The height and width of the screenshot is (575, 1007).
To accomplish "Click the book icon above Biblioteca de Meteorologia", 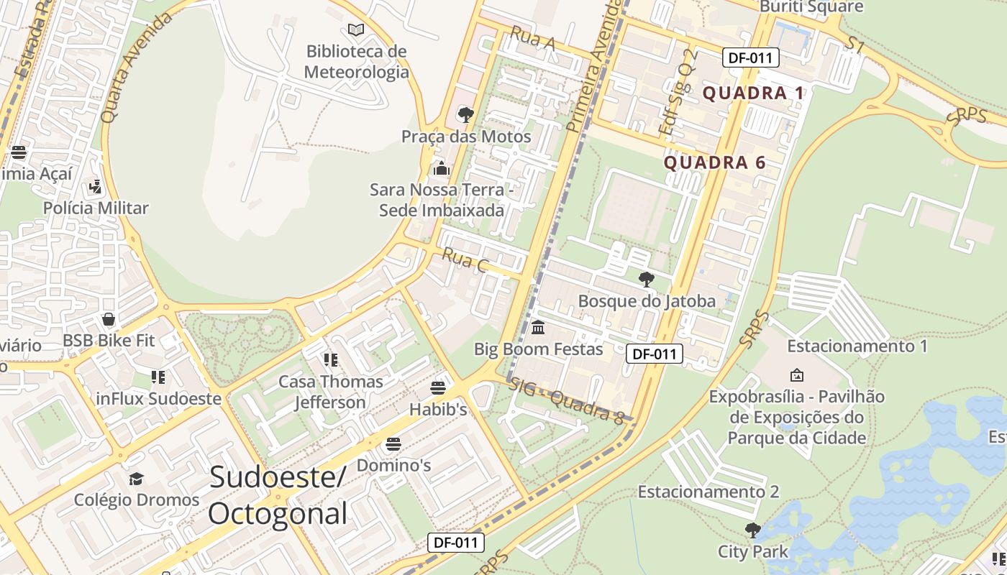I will click(x=356, y=29).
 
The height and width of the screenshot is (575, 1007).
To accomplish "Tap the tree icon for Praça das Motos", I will click(x=465, y=114).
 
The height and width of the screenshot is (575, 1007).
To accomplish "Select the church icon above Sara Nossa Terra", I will click(x=441, y=168).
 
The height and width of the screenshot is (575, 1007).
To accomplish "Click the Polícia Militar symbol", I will click(x=95, y=187).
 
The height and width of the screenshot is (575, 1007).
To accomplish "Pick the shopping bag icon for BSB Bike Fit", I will click(x=109, y=319).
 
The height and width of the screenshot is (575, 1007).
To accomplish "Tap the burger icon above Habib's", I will click(x=438, y=388).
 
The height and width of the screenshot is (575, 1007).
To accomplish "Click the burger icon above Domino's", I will click(x=393, y=444).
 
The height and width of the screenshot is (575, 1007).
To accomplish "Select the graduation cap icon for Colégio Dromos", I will click(x=136, y=479).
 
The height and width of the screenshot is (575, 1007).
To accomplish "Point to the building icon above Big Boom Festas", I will click(x=537, y=328).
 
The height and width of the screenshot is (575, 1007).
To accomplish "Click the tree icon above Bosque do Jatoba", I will click(x=646, y=280).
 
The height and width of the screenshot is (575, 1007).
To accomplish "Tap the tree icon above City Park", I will click(x=752, y=530).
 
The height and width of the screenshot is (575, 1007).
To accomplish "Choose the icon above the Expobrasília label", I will click(x=796, y=374).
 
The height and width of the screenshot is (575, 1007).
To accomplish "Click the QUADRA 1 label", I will click(x=753, y=93).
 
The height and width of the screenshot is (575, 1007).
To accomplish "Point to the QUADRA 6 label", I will click(x=714, y=162).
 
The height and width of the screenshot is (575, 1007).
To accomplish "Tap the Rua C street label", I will click(x=465, y=260).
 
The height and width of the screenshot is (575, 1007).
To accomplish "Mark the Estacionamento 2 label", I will click(x=708, y=492).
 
